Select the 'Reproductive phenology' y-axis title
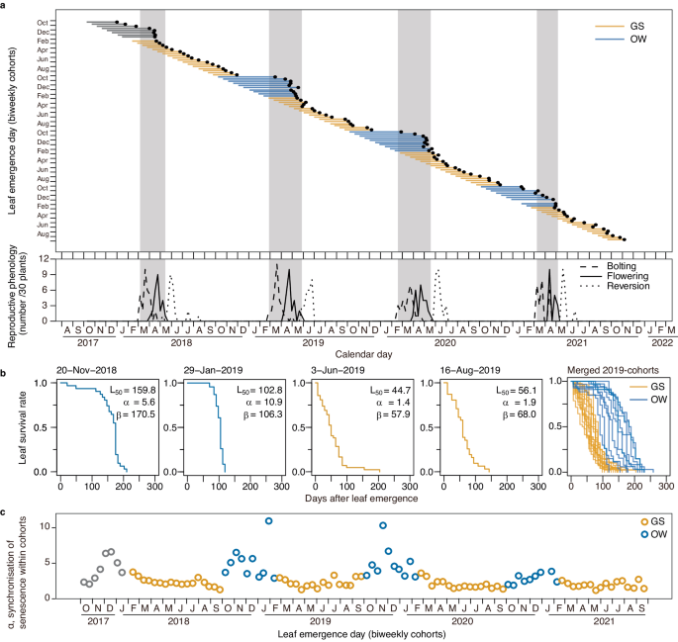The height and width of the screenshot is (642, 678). (x=14, y=288)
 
